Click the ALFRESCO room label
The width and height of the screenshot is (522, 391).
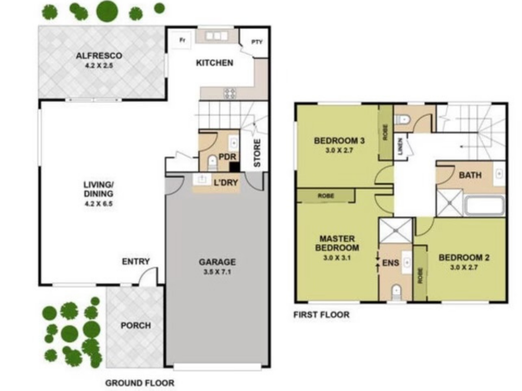99,56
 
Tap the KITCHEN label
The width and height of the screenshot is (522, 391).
215,63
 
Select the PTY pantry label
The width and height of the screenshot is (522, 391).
257,42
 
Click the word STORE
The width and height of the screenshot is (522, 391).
257,153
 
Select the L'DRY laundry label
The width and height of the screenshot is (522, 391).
226,183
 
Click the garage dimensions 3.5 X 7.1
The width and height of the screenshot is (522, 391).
217,272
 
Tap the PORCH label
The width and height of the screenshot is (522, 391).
136,325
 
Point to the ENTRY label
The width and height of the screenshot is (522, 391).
136,261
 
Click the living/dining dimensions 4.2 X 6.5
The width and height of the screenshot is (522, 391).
98,204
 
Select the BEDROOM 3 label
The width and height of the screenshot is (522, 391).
339,141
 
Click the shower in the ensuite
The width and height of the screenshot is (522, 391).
396,230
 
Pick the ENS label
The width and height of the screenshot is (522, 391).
390,263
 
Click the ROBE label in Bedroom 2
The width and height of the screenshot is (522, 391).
420,276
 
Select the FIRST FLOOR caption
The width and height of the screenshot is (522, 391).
321,315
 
